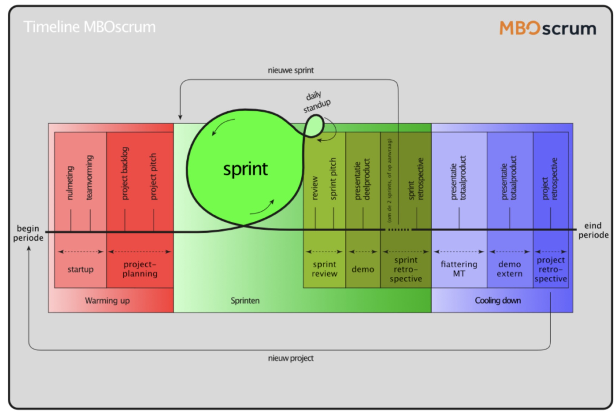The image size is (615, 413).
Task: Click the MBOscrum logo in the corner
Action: (x=547, y=28)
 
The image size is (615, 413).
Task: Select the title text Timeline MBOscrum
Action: (x=89, y=27)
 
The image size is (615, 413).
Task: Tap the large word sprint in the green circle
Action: (x=245, y=169)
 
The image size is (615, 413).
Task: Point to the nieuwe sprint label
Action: (x=291, y=70)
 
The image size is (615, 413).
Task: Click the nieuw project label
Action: (x=291, y=358)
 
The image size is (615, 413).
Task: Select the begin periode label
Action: (x=28, y=233)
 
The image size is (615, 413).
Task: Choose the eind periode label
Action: (x=593, y=230)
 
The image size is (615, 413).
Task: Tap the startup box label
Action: (x=80, y=269)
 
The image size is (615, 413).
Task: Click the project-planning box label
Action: (x=140, y=269)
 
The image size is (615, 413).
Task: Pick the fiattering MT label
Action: (x=459, y=269)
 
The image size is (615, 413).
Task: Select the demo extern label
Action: (x=509, y=269)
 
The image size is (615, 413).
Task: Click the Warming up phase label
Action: (x=107, y=301)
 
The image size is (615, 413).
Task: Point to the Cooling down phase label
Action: (x=498, y=301)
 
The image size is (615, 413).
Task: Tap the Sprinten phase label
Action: (x=245, y=301)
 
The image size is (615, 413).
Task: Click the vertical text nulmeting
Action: (x=70, y=183)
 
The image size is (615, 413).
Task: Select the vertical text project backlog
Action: (x=125, y=174)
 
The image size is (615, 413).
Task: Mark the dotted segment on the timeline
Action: (x=398, y=230)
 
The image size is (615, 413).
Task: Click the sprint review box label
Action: (x=324, y=269)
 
